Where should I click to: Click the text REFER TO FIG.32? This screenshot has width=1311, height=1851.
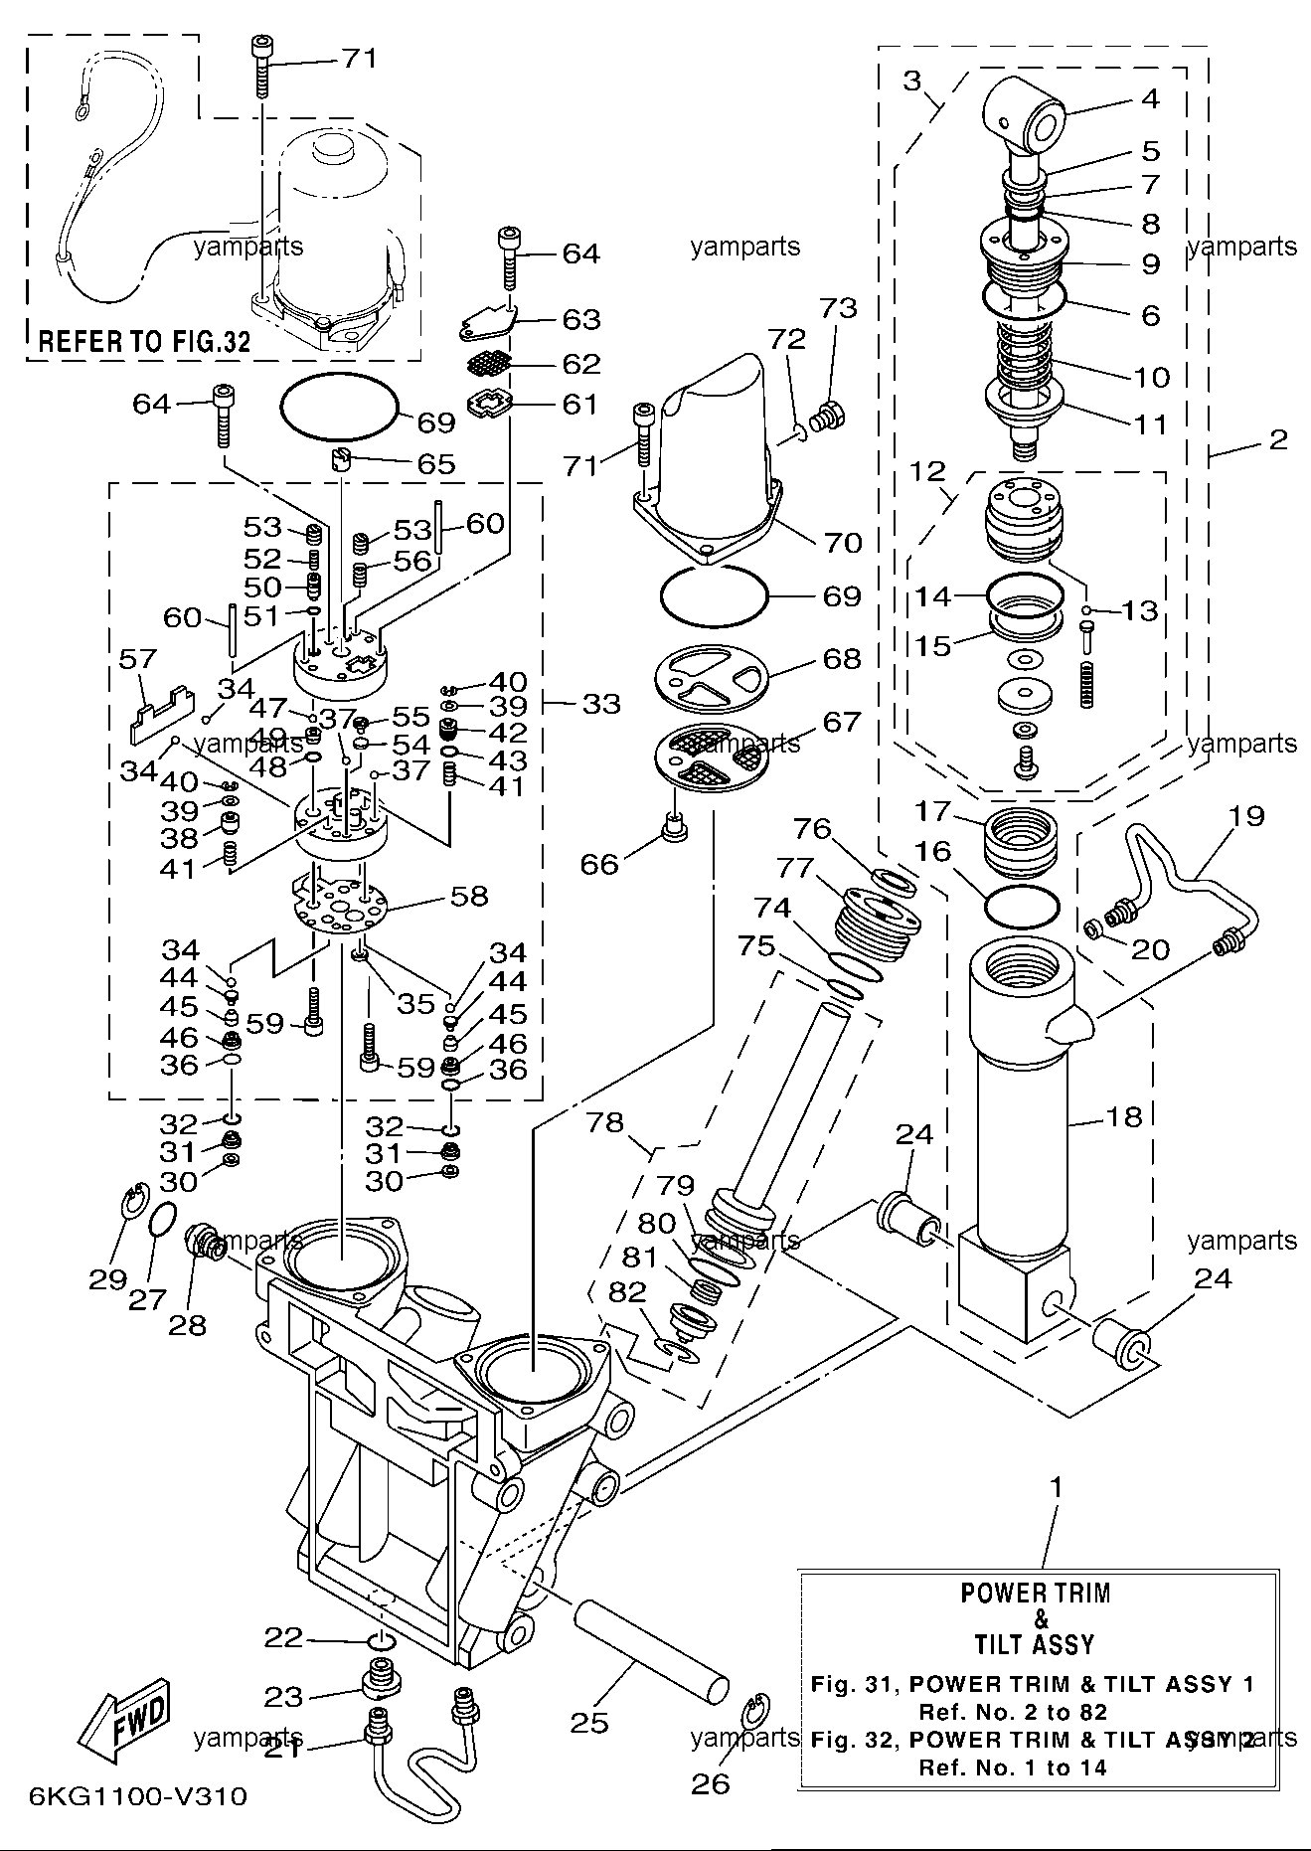coord(144,342)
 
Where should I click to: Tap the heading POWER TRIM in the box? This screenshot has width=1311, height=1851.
coord(1035,1593)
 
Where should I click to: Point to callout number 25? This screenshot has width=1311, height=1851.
coord(588,1721)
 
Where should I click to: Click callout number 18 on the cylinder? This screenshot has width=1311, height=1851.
coord(1124,1116)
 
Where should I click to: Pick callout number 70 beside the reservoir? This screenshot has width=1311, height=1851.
coord(843,542)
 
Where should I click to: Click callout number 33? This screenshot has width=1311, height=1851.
coord(600,704)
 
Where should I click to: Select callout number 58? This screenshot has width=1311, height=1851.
coord(469,896)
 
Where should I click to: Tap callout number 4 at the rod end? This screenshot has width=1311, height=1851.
coord(1150,98)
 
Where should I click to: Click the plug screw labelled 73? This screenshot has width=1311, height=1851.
coord(827,418)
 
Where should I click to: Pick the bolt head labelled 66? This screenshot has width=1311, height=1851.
coord(675,827)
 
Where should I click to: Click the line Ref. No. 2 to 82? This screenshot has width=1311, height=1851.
coord(1013,1712)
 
